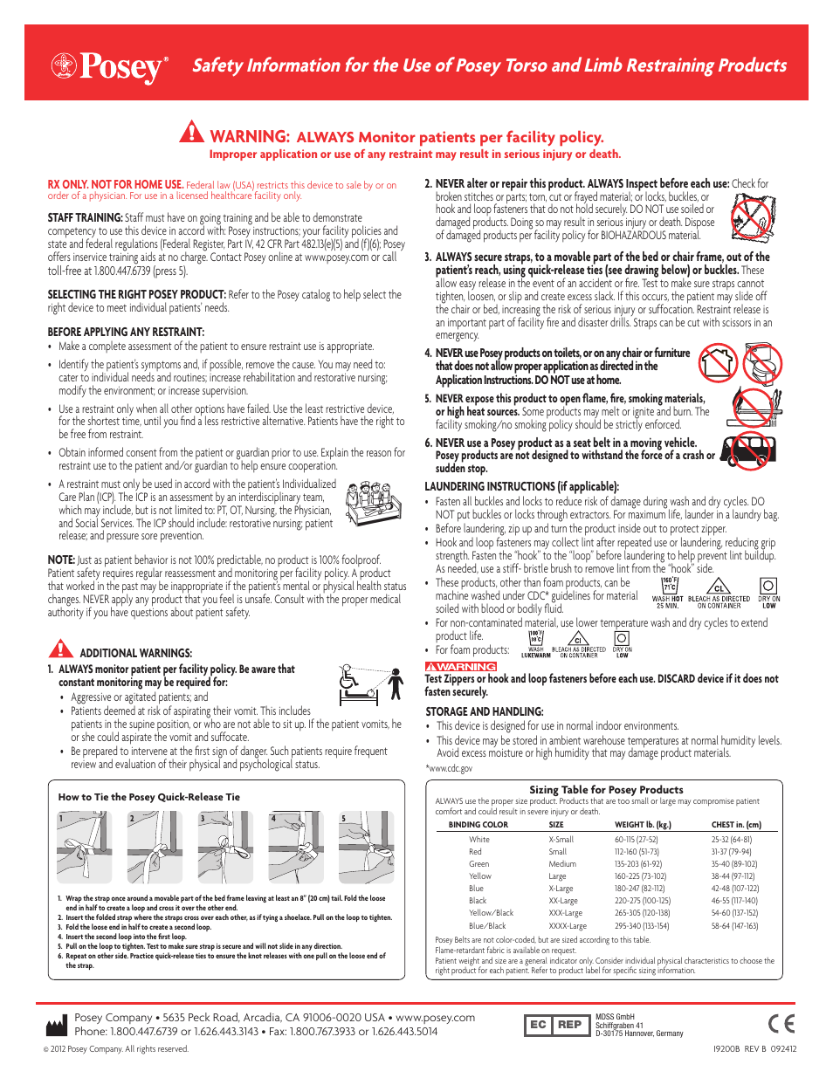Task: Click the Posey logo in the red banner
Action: [x=109, y=66]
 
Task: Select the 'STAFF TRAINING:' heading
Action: [x=85, y=217]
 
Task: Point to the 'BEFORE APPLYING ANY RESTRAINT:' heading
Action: [x=126, y=332]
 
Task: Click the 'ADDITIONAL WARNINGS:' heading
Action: [x=135, y=653]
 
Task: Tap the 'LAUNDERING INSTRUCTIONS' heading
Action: [x=521, y=486]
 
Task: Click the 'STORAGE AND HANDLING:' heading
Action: [x=484, y=711]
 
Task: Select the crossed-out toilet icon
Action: [x=762, y=362]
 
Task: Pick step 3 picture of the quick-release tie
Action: [x=225, y=848]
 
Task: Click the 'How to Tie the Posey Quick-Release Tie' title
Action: [x=148, y=797]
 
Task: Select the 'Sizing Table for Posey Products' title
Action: [x=606, y=789]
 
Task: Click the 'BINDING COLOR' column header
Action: [x=478, y=824]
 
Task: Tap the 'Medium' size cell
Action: [x=562, y=864]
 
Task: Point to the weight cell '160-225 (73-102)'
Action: [x=640, y=876]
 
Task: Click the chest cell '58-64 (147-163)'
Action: [x=734, y=926]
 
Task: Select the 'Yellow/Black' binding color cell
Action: [x=491, y=913]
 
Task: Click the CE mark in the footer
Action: [x=781, y=1024]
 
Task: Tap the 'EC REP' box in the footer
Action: [x=555, y=1025]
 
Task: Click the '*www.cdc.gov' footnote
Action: [x=449, y=768]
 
